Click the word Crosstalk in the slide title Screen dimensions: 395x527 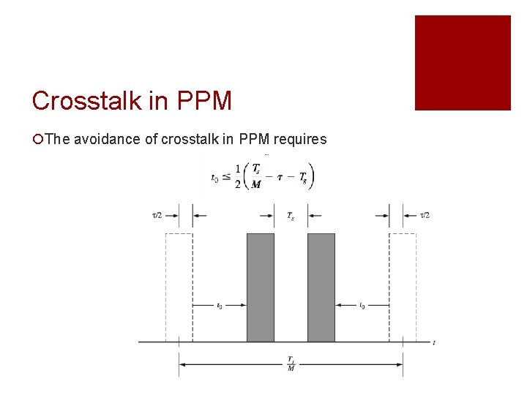coord(81,100)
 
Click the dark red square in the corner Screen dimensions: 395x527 coord(463,63)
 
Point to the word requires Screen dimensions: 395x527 coord(298,139)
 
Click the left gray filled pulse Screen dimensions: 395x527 coord(261,287)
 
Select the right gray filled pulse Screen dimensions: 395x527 coord(321,287)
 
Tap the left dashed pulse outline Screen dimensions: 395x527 coord(179,287)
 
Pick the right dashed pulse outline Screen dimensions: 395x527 coord(403,287)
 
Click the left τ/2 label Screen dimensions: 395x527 coord(157,215)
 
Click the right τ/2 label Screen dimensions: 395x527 coord(425,215)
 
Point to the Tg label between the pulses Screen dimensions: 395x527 coord(291,215)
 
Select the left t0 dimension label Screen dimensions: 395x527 coord(220,306)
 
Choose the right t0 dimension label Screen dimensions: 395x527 coord(362,306)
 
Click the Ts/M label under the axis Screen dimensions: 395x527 coord(291,363)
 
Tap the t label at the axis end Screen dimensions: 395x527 coord(434,342)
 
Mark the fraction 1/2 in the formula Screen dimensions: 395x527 coord(238,176)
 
